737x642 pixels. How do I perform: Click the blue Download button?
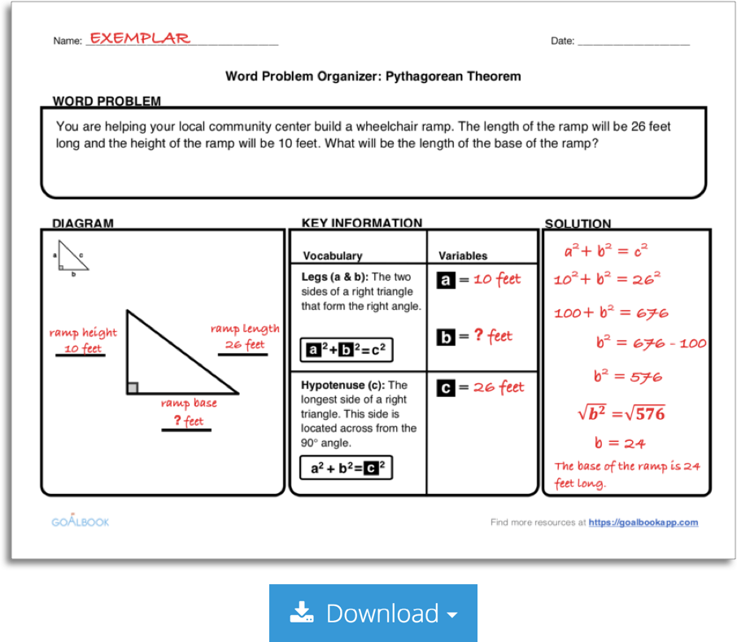click(373, 613)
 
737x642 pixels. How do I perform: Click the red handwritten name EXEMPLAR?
click(139, 38)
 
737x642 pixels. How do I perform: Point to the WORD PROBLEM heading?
click(107, 101)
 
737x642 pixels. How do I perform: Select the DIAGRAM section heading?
click(83, 223)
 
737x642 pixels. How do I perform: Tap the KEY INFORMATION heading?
click(361, 223)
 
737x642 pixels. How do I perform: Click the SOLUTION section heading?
click(578, 224)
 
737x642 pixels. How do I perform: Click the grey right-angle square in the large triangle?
click(132, 388)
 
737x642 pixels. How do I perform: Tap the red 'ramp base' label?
click(188, 403)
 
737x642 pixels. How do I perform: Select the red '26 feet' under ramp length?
click(245, 345)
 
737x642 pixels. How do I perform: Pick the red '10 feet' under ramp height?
click(83, 349)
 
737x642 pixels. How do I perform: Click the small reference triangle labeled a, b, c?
click(72, 258)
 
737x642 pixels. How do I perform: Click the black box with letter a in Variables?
click(446, 280)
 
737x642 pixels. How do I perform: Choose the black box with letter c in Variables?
click(446, 388)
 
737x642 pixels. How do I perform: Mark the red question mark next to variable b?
click(478, 335)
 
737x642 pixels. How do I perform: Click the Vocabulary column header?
click(332, 255)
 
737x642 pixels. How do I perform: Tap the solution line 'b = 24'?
click(620, 443)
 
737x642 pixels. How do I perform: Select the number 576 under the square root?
click(649, 413)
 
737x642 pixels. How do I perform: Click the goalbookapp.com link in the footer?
click(643, 522)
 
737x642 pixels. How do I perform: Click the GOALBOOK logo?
click(80, 521)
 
